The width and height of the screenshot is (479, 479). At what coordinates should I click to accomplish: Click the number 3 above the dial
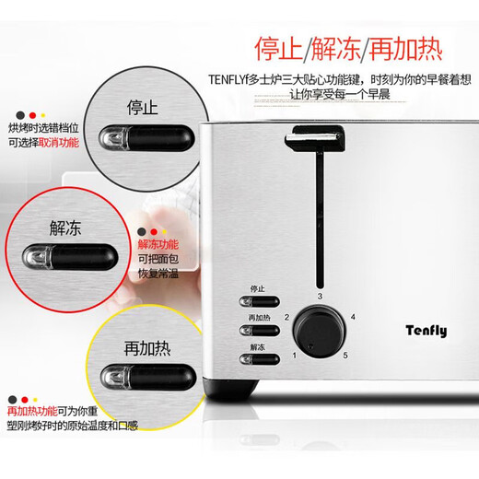[320, 296]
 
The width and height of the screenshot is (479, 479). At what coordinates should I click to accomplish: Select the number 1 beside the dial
[295, 356]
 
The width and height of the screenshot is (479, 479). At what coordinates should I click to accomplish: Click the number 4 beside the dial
[353, 317]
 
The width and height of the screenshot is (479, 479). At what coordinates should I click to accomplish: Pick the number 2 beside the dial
[286, 318]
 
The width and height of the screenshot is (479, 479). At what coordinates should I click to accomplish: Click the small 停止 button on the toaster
[256, 300]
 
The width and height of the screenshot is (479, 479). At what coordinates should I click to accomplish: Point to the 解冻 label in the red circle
[68, 224]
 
